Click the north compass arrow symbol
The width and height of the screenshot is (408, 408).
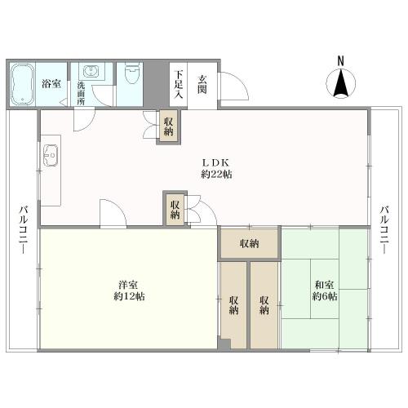coord(341,85)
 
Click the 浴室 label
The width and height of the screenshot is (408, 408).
coord(52,83)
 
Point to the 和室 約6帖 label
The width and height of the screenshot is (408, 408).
coord(324,290)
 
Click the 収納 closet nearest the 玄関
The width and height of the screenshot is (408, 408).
coord(169,126)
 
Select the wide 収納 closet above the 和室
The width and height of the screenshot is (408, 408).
coord(249,243)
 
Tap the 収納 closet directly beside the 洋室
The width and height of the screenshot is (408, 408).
coord(234,304)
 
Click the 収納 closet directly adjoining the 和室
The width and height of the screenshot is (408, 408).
coord(264,304)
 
